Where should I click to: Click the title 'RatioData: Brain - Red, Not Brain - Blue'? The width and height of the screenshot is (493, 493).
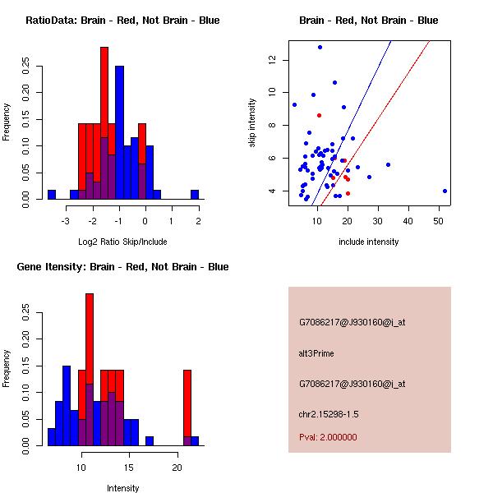122,21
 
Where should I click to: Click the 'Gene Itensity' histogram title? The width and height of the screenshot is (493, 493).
122,267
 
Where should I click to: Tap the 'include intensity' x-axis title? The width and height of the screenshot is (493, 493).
369,242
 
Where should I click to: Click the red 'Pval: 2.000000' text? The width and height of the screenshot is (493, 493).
328,437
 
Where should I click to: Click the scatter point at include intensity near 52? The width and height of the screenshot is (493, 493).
445,191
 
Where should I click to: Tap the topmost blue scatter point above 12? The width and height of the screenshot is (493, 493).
320,47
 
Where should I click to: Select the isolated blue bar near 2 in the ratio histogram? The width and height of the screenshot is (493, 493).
195,195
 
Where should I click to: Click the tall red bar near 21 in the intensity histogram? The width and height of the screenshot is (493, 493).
187,403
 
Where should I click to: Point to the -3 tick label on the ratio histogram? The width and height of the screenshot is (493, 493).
67,220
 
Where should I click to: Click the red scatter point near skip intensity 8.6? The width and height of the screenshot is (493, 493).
319,115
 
